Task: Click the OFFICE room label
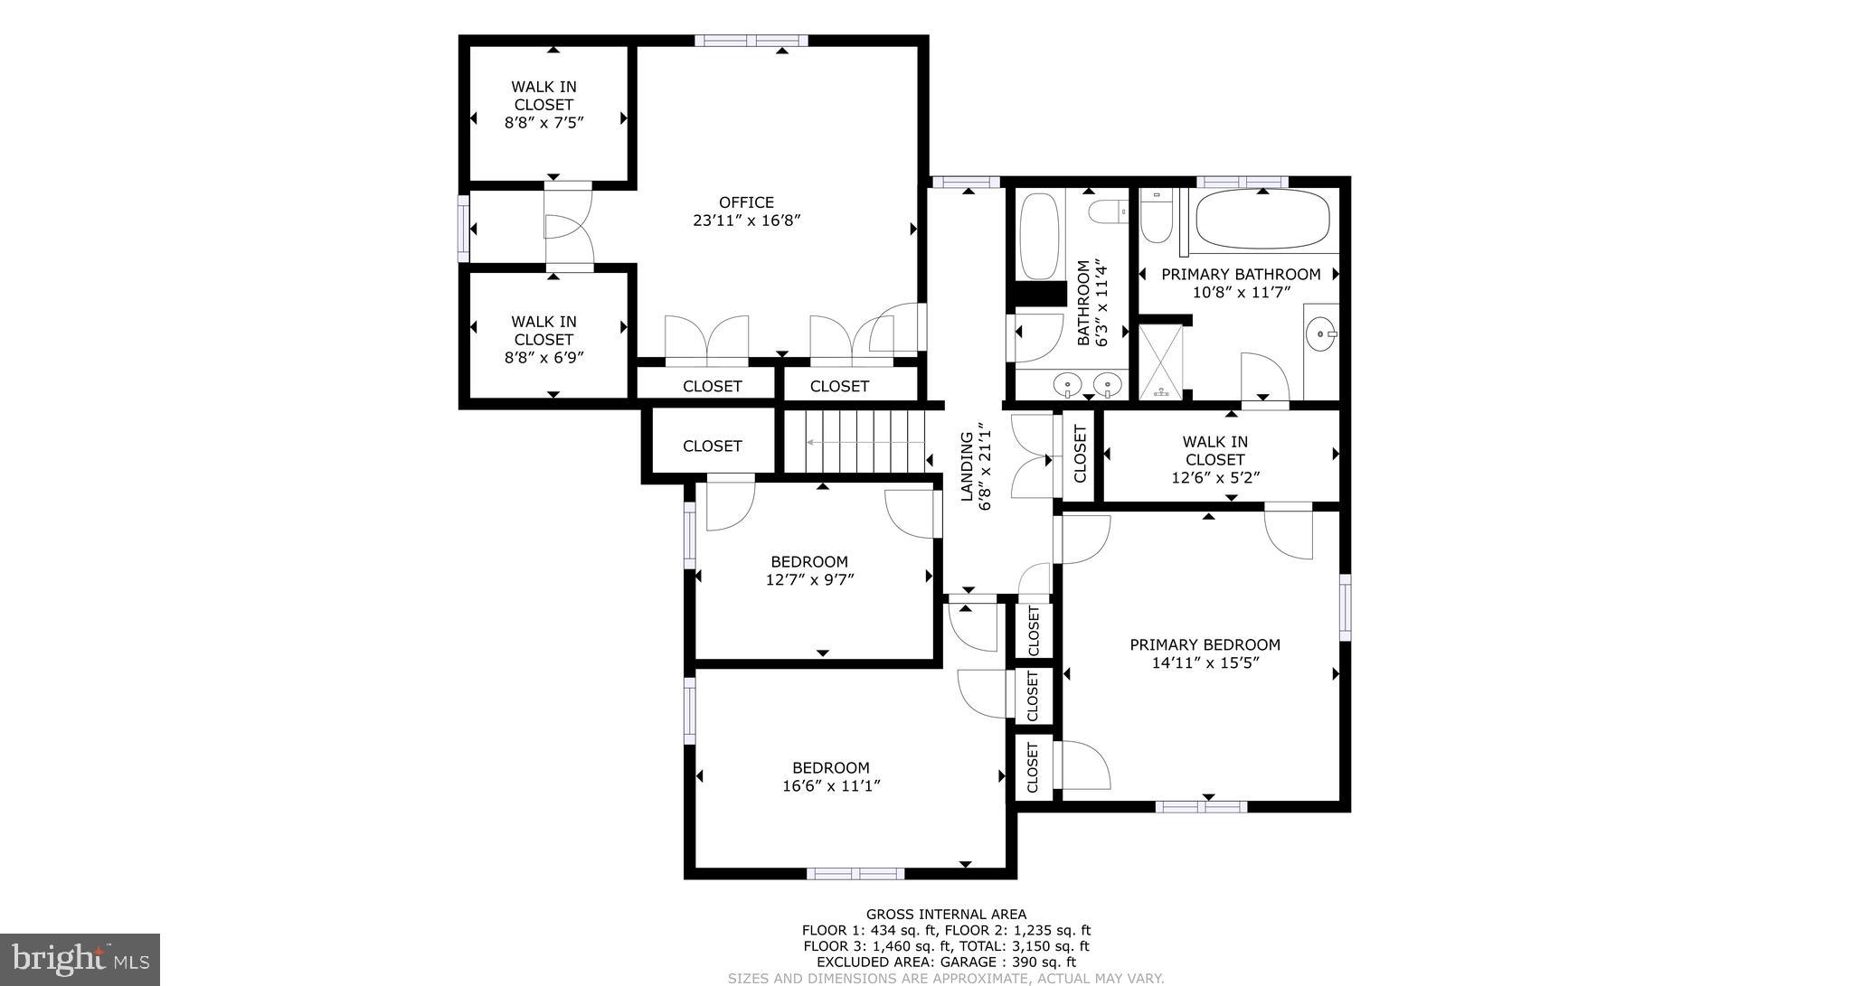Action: point(746,202)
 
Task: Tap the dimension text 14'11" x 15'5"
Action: point(1205,662)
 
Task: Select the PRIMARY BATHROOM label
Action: point(1241,274)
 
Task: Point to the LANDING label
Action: point(966,466)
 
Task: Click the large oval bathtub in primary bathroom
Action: point(1263,220)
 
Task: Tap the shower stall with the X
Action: point(1160,361)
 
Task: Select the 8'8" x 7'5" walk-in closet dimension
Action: point(543,122)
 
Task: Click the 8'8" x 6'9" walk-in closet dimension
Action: point(543,357)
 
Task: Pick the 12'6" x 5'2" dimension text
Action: point(1214,477)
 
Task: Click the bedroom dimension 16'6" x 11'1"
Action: point(831,786)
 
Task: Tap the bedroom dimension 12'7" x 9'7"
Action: point(809,579)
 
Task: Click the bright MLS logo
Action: point(79,959)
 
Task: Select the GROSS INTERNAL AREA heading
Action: point(946,915)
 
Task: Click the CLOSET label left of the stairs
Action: point(712,446)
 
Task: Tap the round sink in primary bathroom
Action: point(1323,334)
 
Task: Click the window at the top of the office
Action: point(751,40)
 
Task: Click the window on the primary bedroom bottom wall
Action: point(1201,806)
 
